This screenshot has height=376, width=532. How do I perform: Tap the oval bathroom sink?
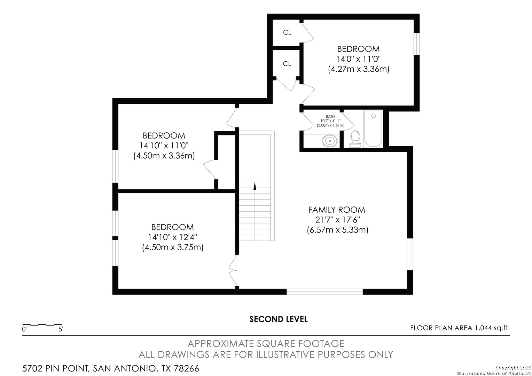(330, 141)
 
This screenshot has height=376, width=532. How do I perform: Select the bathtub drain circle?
(373, 116)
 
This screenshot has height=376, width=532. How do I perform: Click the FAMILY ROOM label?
(337, 210)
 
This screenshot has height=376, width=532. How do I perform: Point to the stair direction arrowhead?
(255, 186)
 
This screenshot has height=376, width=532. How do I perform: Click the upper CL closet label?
(287, 32)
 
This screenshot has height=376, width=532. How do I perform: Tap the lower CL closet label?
(287, 64)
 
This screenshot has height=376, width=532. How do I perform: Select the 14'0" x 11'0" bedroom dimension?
(358, 59)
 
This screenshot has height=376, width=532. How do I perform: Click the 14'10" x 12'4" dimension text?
(173, 237)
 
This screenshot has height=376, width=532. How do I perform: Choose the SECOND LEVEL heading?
(278, 319)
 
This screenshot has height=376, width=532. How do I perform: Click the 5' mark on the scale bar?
(61, 329)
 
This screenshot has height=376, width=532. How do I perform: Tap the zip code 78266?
(186, 368)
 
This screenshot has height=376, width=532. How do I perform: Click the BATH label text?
(330, 116)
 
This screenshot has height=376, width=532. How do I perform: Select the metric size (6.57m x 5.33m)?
(337, 230)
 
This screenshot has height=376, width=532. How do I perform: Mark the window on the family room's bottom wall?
(324, 292)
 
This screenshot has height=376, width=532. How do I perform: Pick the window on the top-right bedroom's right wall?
(417, 44)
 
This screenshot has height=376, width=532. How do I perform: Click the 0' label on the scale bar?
(24, 329)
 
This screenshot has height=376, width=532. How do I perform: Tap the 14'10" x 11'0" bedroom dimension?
(164, 146)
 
